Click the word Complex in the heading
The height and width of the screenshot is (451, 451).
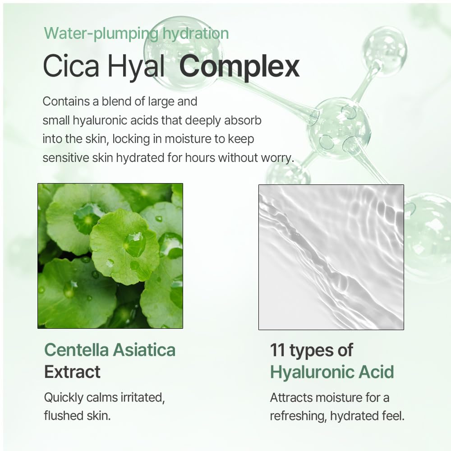(239, 66)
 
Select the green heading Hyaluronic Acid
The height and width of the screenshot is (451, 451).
(332, 372)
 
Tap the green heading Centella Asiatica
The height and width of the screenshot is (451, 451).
(110, 350)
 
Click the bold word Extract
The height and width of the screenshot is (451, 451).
(72, 372)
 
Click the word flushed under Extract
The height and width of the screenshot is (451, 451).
(65, 415)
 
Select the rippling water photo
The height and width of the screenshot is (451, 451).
(331, 257)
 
